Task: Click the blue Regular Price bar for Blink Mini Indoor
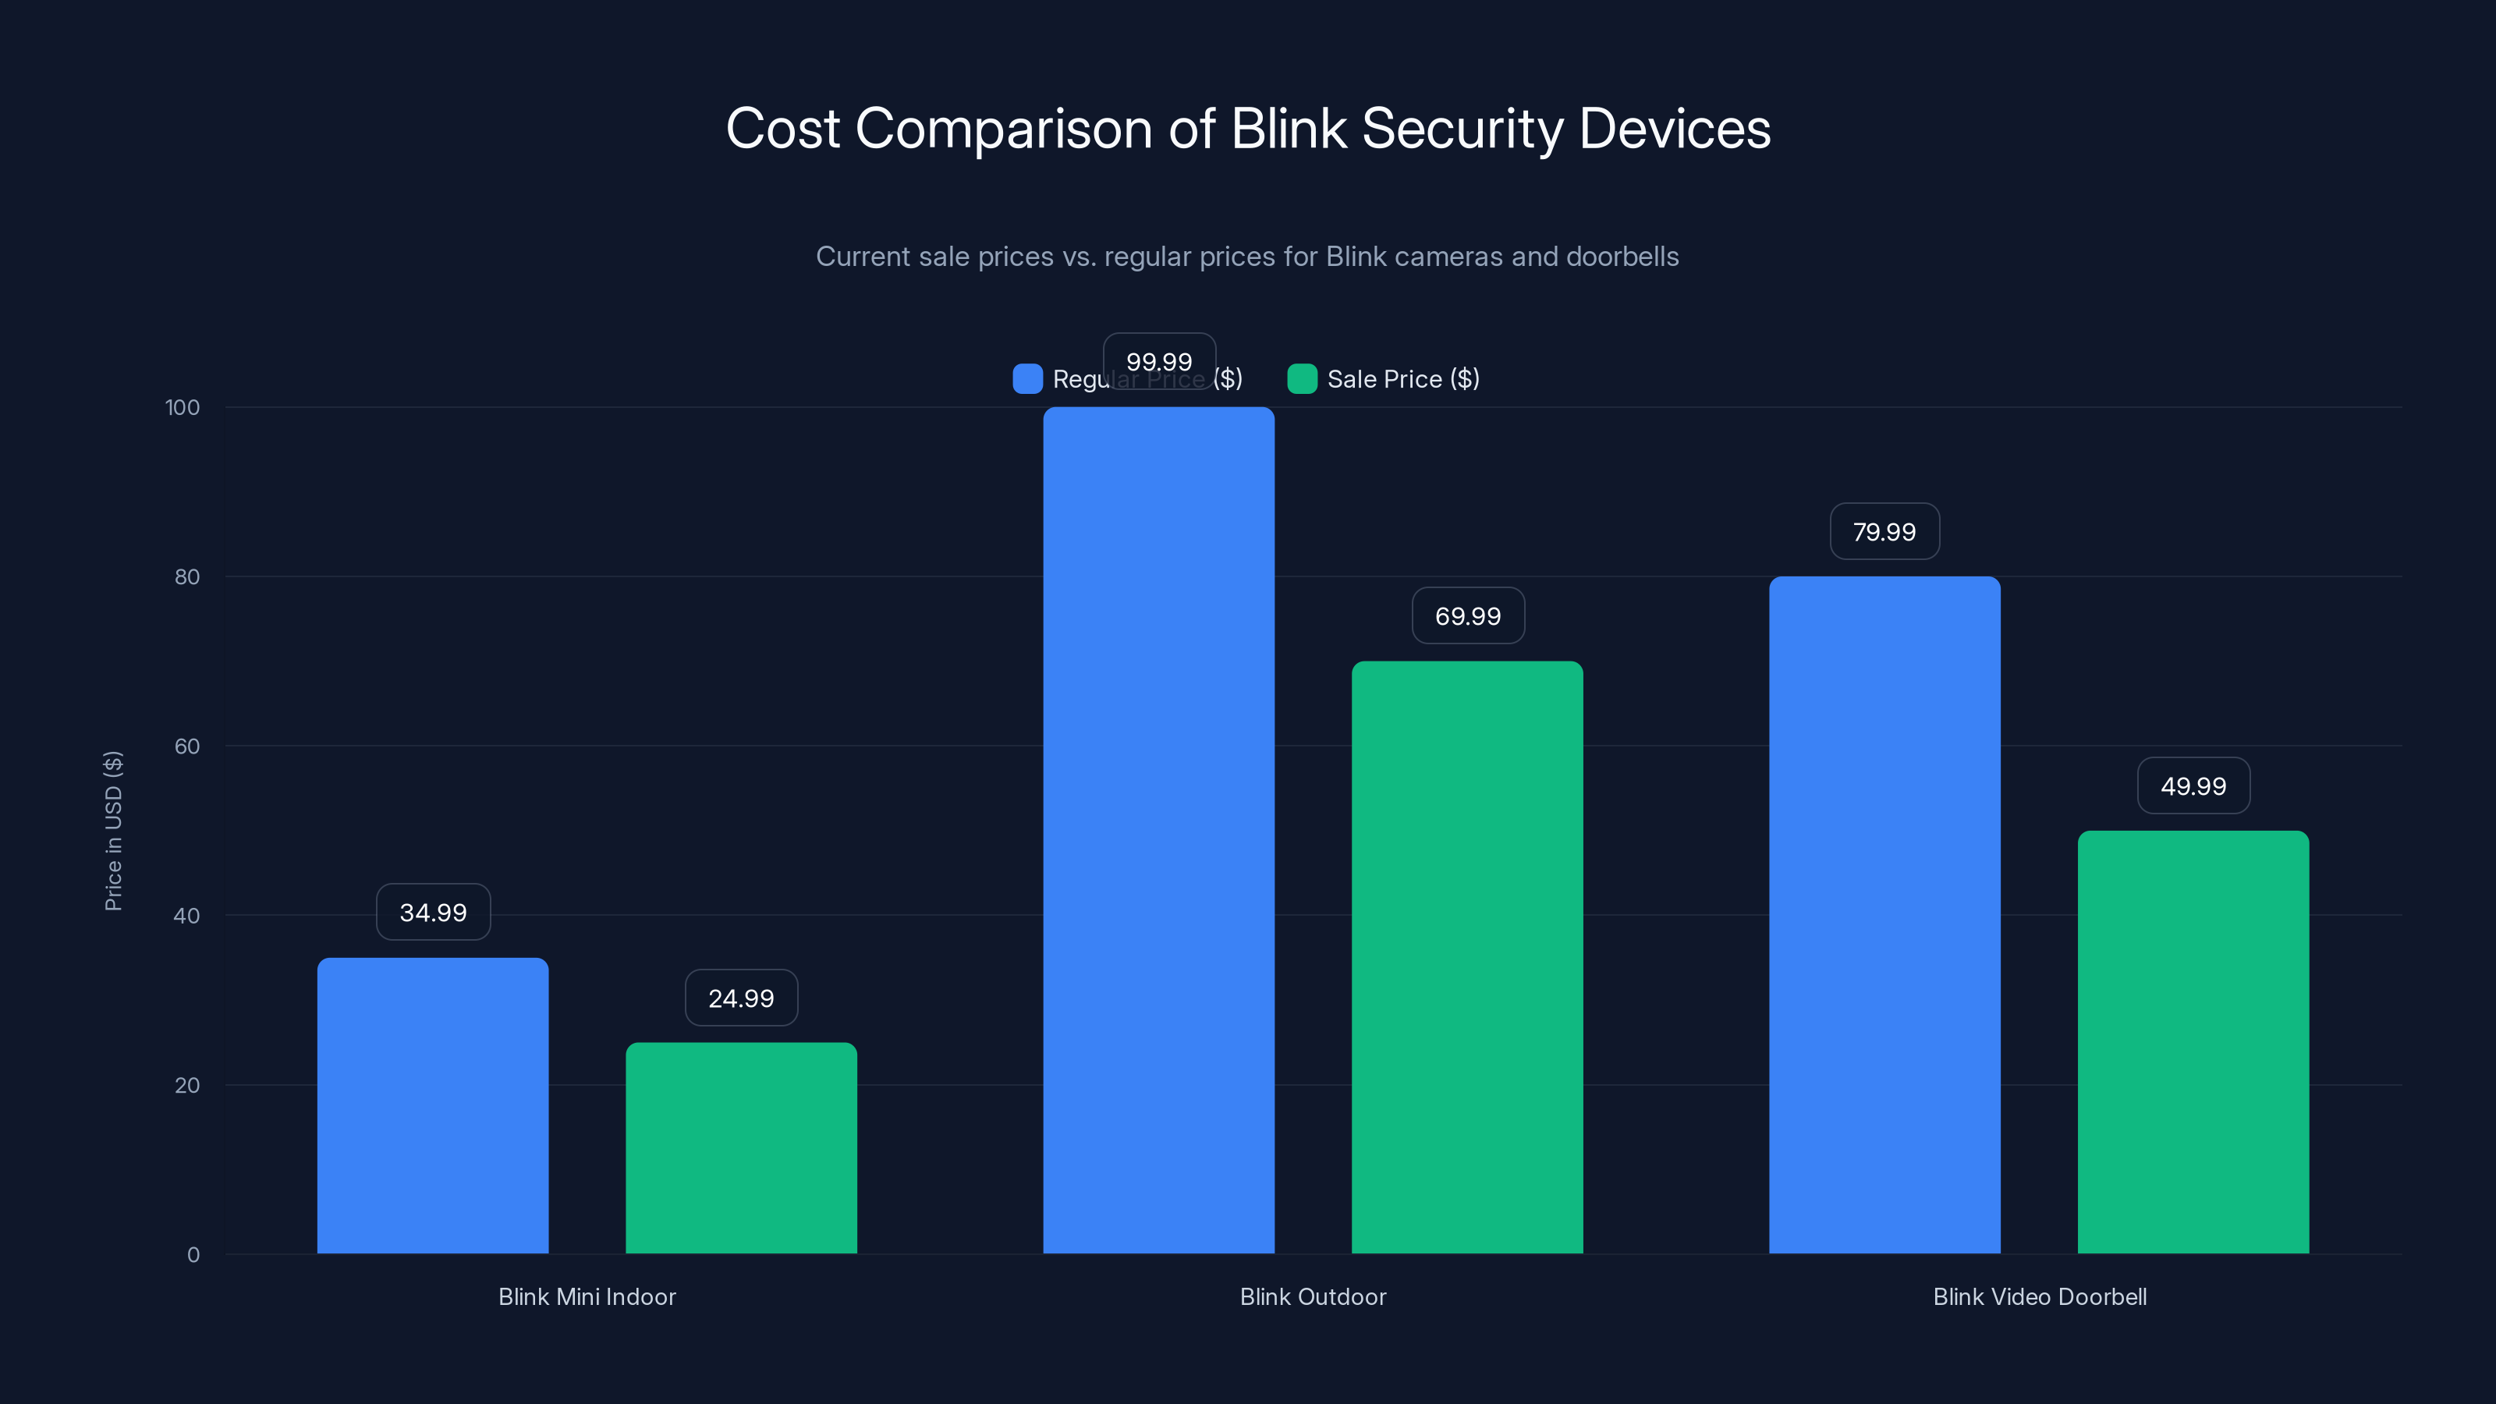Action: [432, 1104]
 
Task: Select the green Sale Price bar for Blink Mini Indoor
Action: [741, 1147]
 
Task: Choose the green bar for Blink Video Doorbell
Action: [2193, 1041]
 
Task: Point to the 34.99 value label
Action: [433, 912]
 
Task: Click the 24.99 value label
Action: [741, 998]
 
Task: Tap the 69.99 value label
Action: [1468, 615]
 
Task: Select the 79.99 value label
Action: [1884, 531]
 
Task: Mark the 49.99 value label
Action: [2193, 785]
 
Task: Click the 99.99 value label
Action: [1159, 361]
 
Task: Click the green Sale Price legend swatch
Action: [1301, 379]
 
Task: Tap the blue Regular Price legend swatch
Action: [1027, 379]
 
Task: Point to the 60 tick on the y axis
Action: [187, 746]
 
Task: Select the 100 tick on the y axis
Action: [183, 407]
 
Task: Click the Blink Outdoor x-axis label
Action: [1313, 1296]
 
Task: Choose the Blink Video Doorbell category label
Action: [2040, 1296]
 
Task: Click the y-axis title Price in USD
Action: [113, 831]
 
